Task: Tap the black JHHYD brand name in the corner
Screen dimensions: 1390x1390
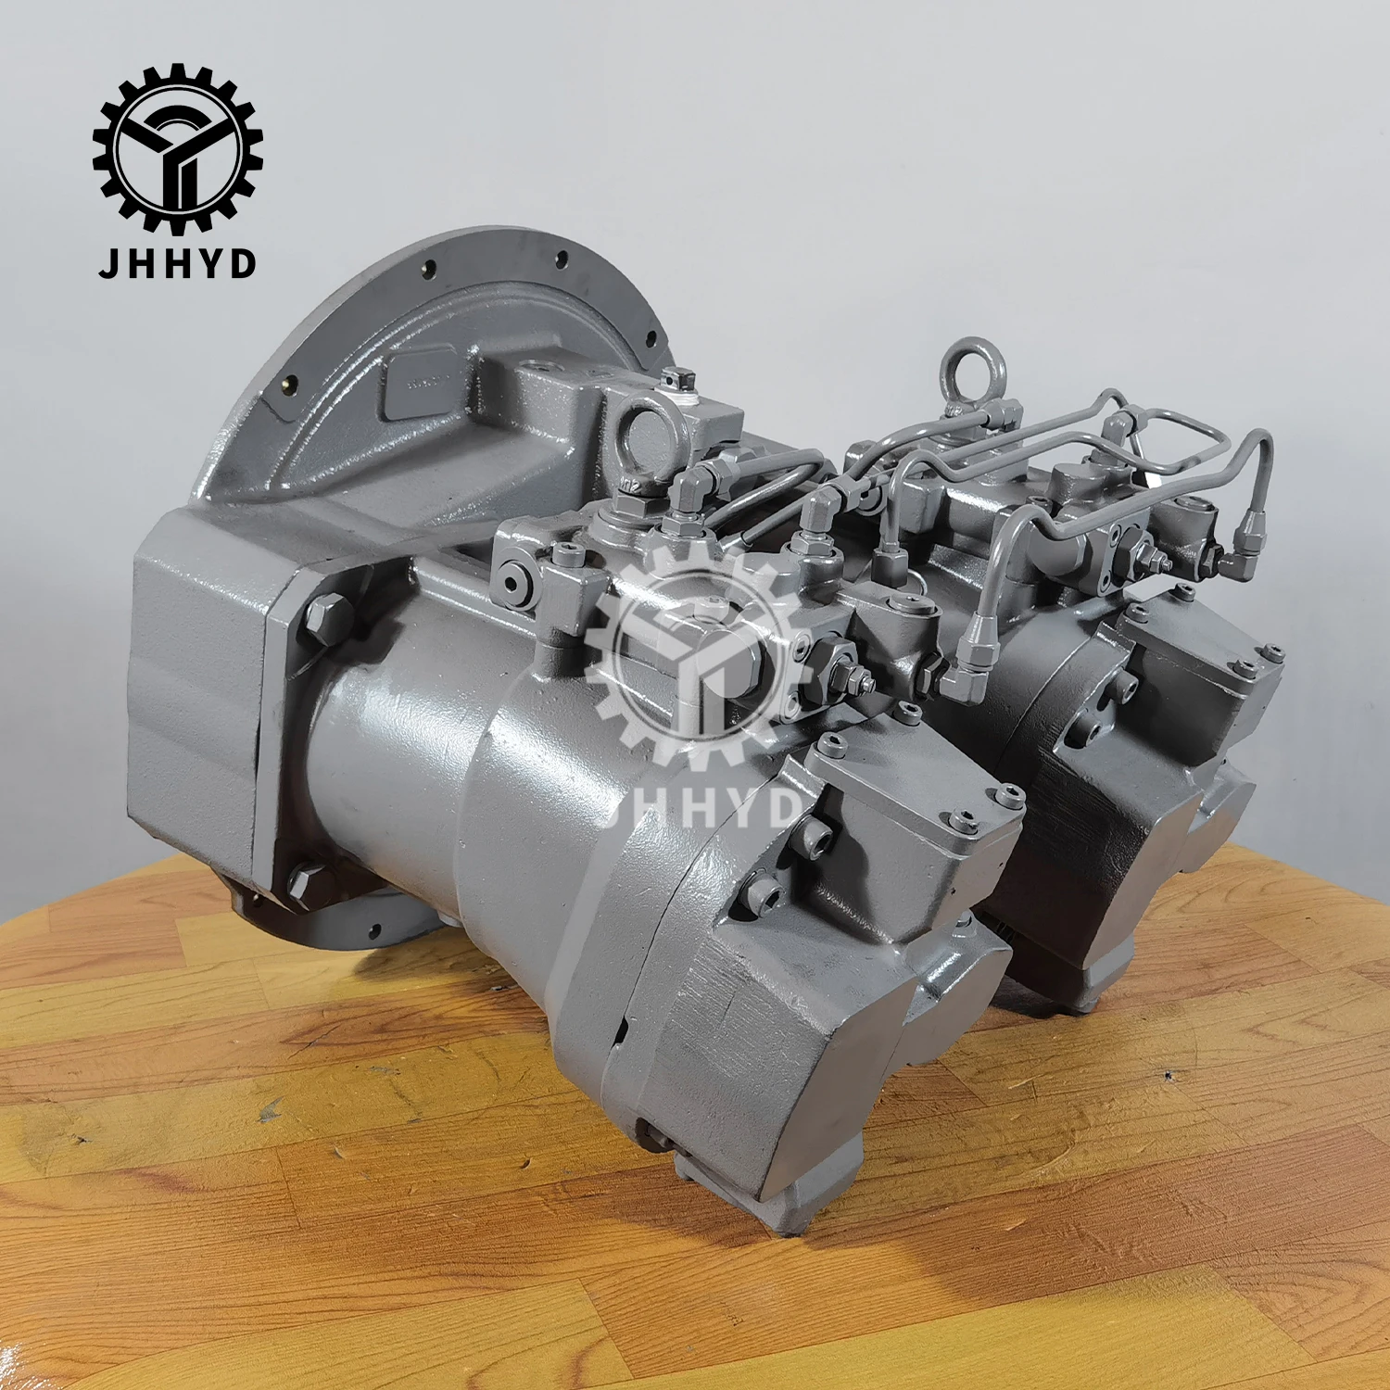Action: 177,263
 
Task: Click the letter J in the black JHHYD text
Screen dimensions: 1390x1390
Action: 107,263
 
